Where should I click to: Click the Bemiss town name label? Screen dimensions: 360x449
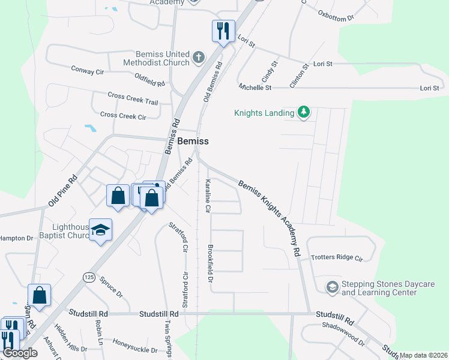click(x=193, y=141)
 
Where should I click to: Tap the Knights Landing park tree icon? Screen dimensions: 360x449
click(x=304, y=112)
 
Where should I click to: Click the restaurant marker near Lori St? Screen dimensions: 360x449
click(x=223, y=31)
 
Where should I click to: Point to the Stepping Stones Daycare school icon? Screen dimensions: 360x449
click(x=332, y=287)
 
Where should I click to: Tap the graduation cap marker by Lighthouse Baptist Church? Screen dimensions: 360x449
click(x=100, y=229)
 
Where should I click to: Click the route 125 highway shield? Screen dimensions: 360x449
click(x=89, y=277)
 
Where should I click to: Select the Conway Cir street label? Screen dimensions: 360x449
click(x=88, y=71)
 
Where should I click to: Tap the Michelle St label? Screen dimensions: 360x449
click(x=255, y=88)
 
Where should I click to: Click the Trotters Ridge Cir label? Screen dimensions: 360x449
click(x=337, y=258)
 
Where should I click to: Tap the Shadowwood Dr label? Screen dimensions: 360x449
click(x=343, y=340)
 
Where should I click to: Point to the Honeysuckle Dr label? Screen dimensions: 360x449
click(x=134, y=350)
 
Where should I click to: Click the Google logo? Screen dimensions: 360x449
click(x=20, y=353)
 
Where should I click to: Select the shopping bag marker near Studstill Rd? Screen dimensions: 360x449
click(x=39, y=295)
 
